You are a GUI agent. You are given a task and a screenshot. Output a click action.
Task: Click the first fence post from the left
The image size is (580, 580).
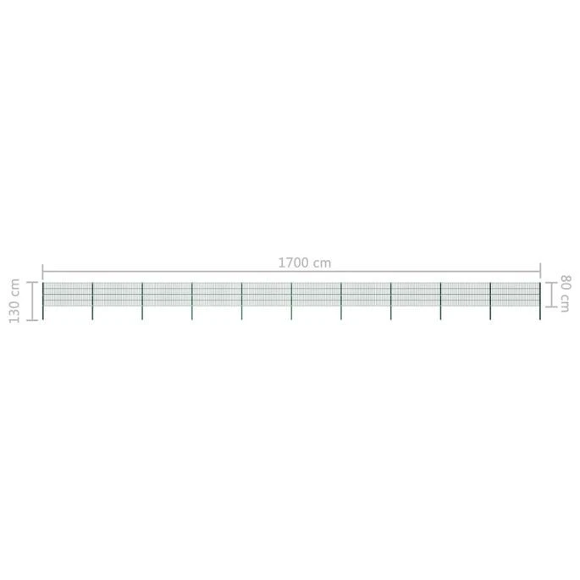[42, 301]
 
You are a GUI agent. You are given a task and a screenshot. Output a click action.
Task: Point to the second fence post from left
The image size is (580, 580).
[92, 301]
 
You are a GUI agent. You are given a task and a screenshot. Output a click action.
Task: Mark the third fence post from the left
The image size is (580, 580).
[142, 301]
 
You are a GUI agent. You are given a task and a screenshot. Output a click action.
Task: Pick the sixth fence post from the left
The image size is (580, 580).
[291, 301]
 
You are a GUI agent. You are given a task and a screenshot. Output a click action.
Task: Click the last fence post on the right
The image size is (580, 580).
[539, 301]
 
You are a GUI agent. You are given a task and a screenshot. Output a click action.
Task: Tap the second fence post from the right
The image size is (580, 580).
[490, 301]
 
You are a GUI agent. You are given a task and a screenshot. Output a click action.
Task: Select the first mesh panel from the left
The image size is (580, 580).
[68, 294]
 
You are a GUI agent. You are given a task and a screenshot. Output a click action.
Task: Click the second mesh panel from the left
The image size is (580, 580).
[117, 294]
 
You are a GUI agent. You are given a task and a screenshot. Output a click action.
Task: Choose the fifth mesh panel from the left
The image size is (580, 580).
[267, 294]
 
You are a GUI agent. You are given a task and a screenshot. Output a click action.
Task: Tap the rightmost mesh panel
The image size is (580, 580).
[515, 294]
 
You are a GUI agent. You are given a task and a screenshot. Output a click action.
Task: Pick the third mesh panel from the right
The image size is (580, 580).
[416, 294]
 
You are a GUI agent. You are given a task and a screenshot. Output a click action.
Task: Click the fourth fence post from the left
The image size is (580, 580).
[192, 301]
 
